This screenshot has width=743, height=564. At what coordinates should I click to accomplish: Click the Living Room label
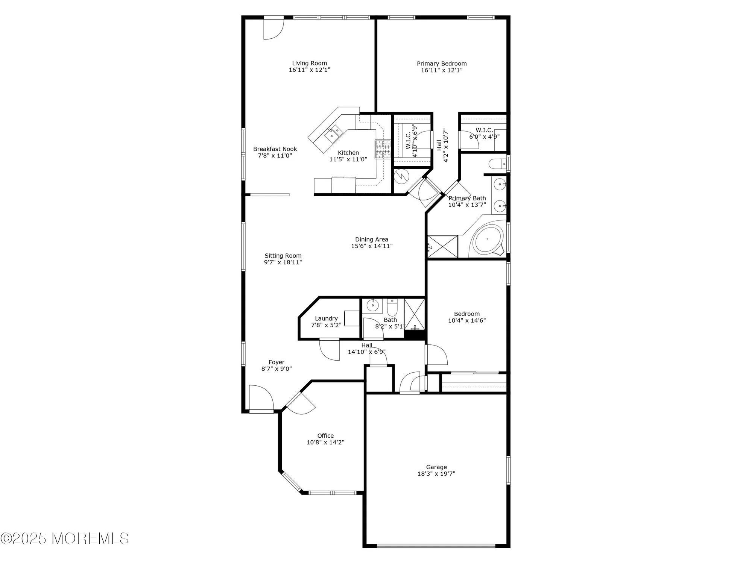(309, 63)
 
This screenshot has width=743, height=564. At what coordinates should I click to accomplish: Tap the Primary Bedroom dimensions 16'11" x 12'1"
(441, 70)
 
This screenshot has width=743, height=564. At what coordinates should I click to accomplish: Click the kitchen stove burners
(383, 149)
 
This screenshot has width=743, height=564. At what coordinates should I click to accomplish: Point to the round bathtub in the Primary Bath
(488, 239)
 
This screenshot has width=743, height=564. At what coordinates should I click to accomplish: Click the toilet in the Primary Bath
(497, 164)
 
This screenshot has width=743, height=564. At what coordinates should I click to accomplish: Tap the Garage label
(436, 467)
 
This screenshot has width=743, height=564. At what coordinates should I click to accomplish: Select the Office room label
(325, 436)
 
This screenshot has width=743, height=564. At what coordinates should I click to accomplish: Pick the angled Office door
(300, 403)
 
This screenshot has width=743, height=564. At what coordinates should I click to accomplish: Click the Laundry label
(326, 318)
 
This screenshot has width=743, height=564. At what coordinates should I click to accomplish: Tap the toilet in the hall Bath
(392, 308)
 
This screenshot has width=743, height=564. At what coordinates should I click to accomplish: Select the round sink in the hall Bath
(372, 305)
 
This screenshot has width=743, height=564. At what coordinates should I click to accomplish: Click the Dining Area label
(371, 240)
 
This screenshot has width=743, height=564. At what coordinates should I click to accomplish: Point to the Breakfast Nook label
(275, 149)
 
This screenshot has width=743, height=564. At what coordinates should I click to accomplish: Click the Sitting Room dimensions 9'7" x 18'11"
(283, 262)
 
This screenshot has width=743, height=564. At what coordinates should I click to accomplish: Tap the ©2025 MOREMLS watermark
(65, 538)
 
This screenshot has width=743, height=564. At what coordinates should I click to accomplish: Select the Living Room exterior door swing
(273, 29)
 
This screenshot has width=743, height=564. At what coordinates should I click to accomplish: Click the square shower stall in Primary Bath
(442, 247)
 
